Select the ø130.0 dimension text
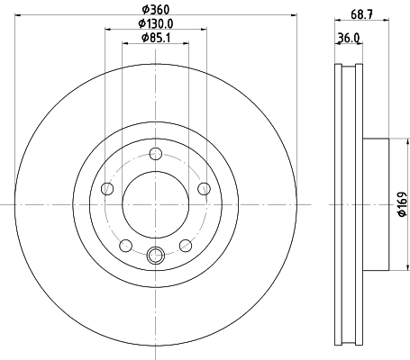tap(155, 24)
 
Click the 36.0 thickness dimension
tap(348, 38)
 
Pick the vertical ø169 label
tap(402, 205)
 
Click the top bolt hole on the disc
tap(155, 152)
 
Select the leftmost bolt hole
tap(107, 188)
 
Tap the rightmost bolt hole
tap(204, 188)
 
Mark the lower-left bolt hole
tap(125, 245)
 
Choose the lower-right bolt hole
tap(185, 245)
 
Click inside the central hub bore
tap(155, 205)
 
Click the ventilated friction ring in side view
tap(348, 205)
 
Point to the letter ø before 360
tap(143, 9)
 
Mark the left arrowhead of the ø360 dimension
tap(18, 16)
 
